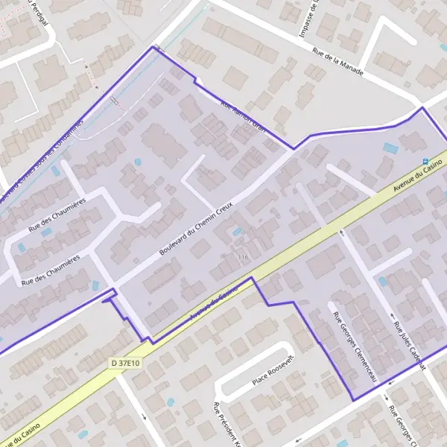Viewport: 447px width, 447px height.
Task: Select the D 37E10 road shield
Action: coord(125,363)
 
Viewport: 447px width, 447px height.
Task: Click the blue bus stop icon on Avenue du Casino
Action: coord(425,162)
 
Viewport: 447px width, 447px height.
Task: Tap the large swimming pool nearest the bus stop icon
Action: coord(390,148)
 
